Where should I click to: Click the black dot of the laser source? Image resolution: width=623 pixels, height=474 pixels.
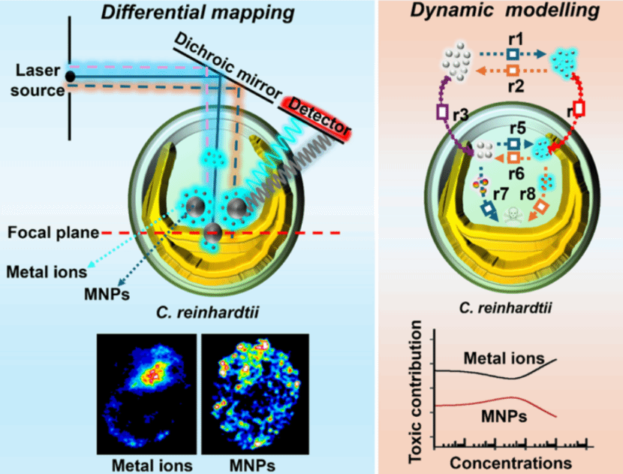point(70,76)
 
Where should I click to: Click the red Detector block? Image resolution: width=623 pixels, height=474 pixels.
point(316,116)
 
